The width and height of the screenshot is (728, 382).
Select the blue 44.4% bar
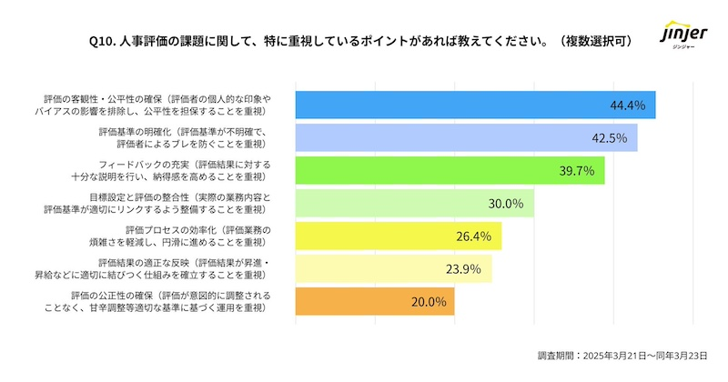[475, 106]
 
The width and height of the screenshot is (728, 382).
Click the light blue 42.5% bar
[466, 138]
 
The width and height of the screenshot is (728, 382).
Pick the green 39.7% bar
[450, 171]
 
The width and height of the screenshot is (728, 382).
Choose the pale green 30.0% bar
[414, 204]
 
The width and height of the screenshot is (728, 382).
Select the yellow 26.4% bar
[398, 236]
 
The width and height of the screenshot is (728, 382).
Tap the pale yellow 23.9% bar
[393, 269]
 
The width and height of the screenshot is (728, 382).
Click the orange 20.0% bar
[374, 302]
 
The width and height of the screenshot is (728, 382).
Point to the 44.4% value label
[627, 106]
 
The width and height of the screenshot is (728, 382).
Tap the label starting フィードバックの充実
[177, 171]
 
